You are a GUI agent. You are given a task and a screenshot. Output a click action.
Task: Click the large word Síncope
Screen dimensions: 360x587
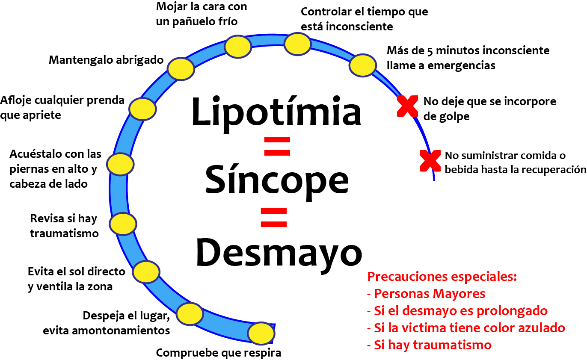276,180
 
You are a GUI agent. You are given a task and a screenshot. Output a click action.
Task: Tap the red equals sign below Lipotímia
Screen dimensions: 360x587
277,146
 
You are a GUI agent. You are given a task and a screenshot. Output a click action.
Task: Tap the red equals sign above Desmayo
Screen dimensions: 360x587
273,217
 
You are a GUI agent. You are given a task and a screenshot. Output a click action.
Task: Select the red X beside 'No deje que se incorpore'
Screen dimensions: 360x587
408,106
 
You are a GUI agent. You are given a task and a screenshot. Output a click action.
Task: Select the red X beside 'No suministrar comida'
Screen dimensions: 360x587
430,161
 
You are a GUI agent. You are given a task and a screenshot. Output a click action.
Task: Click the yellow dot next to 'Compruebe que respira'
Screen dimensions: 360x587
261,333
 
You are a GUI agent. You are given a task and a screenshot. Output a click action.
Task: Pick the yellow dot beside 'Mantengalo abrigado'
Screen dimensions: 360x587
181,68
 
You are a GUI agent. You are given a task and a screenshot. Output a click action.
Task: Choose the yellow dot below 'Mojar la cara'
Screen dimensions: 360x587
238,47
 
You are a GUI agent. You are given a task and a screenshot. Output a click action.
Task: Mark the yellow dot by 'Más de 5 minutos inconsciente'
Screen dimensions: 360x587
363,65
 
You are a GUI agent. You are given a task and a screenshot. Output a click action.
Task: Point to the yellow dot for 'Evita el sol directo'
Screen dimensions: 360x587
146,271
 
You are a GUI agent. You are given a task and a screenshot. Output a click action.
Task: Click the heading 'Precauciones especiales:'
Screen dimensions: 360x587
442,277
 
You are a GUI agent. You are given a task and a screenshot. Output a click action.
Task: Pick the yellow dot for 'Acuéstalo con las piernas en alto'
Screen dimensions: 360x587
120,164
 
